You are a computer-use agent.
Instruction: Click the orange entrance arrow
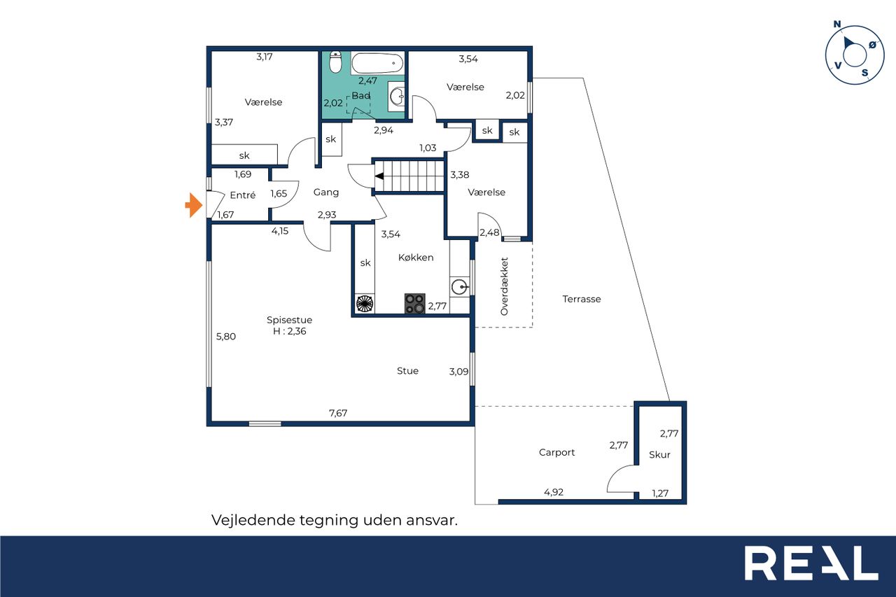195,205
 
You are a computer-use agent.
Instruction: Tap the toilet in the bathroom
335,62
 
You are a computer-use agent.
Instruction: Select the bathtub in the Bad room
377,64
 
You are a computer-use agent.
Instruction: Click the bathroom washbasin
397,97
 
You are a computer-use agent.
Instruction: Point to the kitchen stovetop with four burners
414,304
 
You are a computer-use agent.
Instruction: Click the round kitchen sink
459,287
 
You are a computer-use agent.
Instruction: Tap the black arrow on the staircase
379,176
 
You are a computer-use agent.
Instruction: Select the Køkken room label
416,258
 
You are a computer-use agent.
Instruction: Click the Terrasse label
582,299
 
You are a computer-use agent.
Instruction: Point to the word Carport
556,452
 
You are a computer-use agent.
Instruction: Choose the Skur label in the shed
659,455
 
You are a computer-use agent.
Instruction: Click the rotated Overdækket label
504,286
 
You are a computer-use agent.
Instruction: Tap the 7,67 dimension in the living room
338,413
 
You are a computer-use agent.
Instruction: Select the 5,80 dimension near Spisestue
226,337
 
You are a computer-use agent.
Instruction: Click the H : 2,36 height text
290,331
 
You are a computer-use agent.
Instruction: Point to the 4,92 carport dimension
554,492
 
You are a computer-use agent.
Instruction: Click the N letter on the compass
837,24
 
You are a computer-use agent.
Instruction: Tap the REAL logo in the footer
811,563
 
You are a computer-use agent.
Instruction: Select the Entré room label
243,195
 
